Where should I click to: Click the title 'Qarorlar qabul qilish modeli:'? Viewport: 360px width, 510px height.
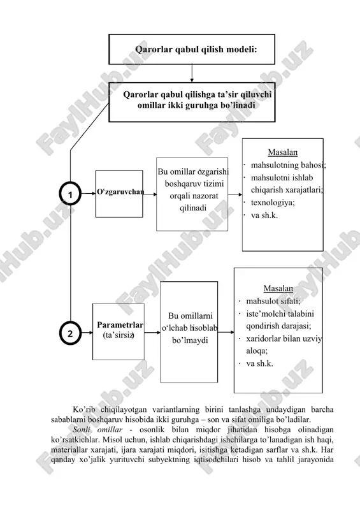pos(196,50)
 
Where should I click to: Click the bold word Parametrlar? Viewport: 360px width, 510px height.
pos(120,324)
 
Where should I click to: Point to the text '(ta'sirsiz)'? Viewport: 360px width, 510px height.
pos(119,335)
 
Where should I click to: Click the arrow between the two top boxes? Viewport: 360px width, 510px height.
pos(192,73)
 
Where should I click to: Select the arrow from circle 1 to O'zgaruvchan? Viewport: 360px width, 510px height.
pos(89,193)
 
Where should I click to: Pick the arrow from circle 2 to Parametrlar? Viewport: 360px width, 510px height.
pos(87,332)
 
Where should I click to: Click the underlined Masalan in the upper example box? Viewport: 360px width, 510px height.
pos(283,152)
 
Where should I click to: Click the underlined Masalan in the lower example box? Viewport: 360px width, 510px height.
pos(278,288)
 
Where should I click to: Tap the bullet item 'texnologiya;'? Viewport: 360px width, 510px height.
pos(273,203)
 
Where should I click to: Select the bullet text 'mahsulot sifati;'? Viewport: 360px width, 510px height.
pos(273,301)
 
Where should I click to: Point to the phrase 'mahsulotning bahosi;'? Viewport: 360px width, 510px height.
pos(288,165)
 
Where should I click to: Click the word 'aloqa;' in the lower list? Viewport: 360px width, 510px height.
pos(257,351)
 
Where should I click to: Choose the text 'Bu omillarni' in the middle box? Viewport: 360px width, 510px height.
pos(191,316)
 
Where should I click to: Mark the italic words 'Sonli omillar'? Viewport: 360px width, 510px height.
pos(97,430)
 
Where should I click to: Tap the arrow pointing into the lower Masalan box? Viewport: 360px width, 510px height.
pos(226,332)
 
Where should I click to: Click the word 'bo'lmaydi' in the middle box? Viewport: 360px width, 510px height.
pos(190,340)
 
